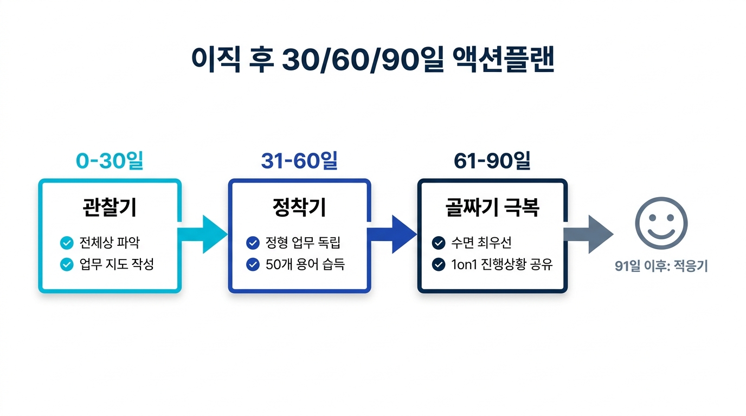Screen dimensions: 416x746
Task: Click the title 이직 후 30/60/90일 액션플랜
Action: [373, 60]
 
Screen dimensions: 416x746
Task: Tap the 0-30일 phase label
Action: [110, 161]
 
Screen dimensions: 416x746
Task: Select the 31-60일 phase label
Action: [299, 161]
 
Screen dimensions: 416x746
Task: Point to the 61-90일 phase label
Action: [492, 161]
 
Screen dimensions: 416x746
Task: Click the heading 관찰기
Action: [110, 207]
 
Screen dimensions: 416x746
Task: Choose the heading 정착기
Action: [299, 207]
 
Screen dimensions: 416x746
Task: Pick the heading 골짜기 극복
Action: [492, 207]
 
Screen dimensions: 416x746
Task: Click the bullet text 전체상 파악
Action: [109, 243]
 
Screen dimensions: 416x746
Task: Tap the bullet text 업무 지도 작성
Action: [117, 264]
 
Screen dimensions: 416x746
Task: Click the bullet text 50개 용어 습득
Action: [305, 264]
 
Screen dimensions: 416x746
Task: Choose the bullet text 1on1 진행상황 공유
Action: [501, 265]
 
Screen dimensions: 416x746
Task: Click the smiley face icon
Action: [661, 223]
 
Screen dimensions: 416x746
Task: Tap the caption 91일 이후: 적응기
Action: [661, 266]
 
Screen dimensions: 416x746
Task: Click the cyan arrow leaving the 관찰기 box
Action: [203, 234]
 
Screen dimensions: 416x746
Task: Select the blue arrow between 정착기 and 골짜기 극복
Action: [393, 234]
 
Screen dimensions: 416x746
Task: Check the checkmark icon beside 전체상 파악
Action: [67, 243]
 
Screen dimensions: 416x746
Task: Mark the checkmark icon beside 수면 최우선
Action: [439, 243]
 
